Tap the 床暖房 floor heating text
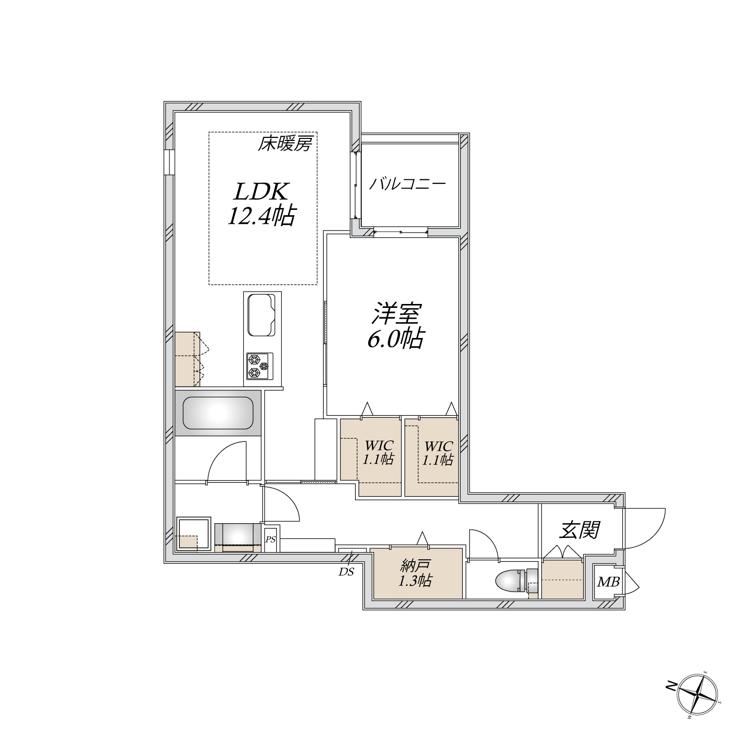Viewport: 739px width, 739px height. pos(285,144)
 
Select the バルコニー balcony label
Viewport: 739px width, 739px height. pos(407,184)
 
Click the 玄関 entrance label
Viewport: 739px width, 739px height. pos(579,530)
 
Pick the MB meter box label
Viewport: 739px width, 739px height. pos(608,582)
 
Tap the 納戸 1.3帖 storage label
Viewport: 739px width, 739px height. pos(415,574)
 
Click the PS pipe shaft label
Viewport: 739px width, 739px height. pos(270,539)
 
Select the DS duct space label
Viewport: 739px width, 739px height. pos(346,572)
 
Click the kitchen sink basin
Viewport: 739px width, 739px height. pos(261,315)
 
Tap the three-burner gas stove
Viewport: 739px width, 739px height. pos(259,367)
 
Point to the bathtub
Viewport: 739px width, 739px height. pos(218,413)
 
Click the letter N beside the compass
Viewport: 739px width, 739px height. pos(672,685)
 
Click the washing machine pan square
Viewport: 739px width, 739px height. pos(194,534)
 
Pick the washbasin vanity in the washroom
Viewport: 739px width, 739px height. pos(238,536)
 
